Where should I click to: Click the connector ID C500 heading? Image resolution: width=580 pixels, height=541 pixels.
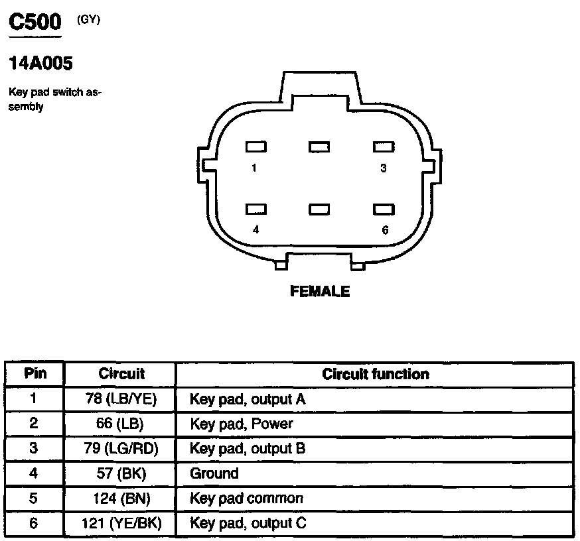tap(35, 23)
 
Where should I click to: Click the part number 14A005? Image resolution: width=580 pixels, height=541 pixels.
tap(40, 64)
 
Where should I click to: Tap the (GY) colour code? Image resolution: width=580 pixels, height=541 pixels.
tap(88, 20)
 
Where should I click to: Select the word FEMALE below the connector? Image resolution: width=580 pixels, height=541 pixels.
tap(320, 291)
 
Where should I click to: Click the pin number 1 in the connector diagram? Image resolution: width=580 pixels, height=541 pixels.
tap(254, 168)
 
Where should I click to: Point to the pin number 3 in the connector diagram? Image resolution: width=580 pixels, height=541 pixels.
tap(383, 168)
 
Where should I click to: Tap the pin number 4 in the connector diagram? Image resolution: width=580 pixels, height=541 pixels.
tap(255, 230)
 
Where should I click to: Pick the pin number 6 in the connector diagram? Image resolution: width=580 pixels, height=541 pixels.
tap(385, 230)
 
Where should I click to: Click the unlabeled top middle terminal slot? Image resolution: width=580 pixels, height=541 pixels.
tap(319, 147)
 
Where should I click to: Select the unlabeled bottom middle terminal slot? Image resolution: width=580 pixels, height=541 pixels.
tap(319, 210)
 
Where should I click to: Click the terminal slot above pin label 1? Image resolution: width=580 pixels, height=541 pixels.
tap(255, 147)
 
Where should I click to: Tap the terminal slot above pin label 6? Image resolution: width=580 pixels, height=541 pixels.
tap(384, 210)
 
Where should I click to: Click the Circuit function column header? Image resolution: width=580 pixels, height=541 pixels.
tap(375, 374)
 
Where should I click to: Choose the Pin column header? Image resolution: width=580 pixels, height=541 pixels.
tap(35, 373)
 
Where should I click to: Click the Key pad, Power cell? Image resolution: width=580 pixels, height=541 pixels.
tap(242, 424)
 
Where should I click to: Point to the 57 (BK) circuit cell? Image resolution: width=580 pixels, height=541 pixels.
tap(120, 473)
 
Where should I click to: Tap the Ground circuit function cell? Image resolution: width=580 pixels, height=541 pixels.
tap(214, 473)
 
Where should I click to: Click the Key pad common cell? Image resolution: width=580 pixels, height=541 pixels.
tap(246, 499)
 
